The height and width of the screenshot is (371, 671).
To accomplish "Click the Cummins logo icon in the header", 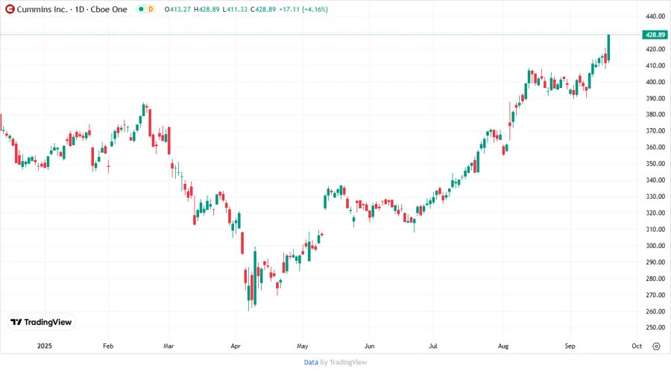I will tap(10, 9).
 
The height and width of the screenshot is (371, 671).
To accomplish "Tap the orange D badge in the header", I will tap(151, 9).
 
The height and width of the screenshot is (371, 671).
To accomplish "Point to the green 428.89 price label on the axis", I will tap(655, 34).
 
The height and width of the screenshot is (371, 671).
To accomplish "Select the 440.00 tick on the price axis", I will tap(655, 16).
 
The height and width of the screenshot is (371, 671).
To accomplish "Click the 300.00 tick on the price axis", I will tap(655, 246).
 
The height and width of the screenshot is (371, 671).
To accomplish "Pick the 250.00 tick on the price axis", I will tap(655, 328).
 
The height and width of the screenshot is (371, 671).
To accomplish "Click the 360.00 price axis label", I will tap(655, 148).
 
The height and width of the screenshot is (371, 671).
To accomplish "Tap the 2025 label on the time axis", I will tap(45, 346).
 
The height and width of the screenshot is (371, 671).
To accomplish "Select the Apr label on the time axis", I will tap(236, 346).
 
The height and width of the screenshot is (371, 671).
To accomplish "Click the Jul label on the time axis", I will tap(434, 346).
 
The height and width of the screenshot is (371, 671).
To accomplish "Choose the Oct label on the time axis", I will tap(637, 346).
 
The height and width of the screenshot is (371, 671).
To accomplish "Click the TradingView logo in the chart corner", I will tap(41, 322).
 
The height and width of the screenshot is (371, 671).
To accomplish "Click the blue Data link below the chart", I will tap(311, 362).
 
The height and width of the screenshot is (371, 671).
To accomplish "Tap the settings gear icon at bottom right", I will tap(656, 346).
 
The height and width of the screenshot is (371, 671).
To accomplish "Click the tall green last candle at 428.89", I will tap(609, 48).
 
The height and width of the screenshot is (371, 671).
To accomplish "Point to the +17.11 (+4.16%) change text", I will tap(303, 9).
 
